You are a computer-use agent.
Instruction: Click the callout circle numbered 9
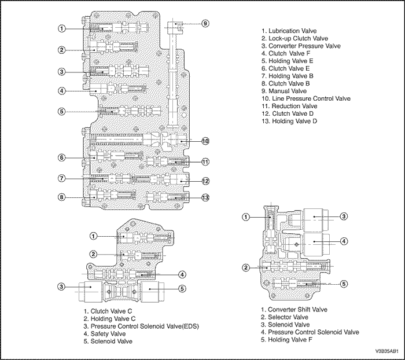[x=205, y=23]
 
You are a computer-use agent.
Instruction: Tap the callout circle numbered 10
[x=205, y=141]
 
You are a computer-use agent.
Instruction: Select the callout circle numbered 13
[x=205, y=198]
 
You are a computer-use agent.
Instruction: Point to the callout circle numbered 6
[x=61, y=157]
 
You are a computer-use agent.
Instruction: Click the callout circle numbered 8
[x=61, y=197]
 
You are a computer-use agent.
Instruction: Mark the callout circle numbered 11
[x=205, y=161]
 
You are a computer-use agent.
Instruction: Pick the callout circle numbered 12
[x=205, y=181]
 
